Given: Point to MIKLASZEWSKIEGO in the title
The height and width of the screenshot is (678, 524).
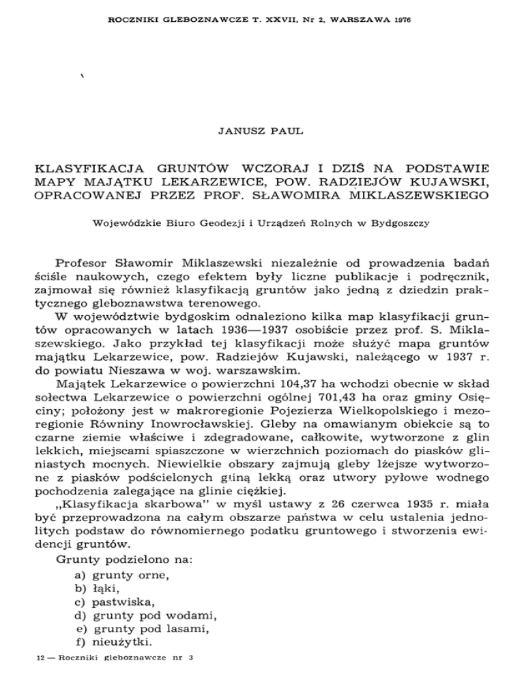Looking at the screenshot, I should pyautogui.click(x=420, y=198).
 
